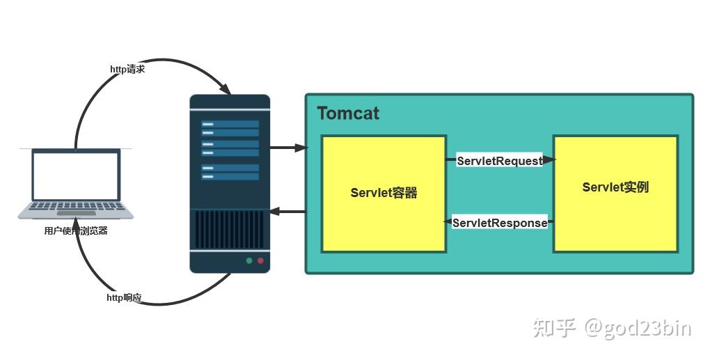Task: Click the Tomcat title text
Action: [x=348, y=114]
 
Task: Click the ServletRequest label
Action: [x=499, y=161]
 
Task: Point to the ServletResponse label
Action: [x=499, y=224]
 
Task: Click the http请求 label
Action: [x=127, y=70]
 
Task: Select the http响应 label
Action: [x=124, y=298]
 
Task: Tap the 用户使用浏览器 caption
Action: [x=76, y=231]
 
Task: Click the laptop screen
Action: [x=76, y=175]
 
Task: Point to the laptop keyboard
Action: [x=76, y=208]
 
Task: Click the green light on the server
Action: [x=248, y=261]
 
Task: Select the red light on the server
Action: [x=261, y=261]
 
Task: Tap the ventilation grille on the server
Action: [x=230, y=229]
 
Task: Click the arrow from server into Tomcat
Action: [x=288, y=148]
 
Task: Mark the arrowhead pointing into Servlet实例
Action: [x=549, y=159]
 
